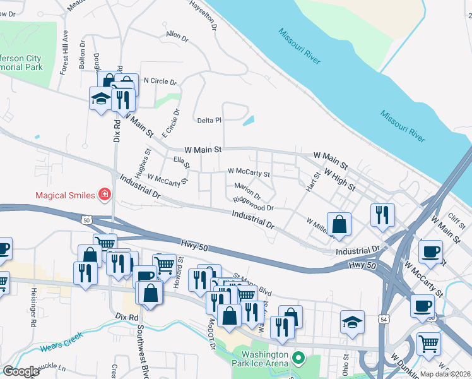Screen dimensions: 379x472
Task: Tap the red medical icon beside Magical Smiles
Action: pos(104,195)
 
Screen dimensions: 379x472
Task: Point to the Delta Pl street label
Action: pos(209,120)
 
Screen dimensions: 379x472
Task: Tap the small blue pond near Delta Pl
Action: pos(249,120)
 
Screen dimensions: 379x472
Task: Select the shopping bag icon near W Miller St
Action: pos(339,224)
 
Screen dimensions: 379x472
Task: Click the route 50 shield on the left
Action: pos(86,219)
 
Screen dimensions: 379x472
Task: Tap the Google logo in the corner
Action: pos(21,371)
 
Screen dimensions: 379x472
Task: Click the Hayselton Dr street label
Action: pos(203,15)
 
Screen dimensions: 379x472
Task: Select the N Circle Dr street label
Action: pos(160,81)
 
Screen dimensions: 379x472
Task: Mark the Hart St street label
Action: pos(310,184)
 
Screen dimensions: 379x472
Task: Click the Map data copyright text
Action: pos(445,374)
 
